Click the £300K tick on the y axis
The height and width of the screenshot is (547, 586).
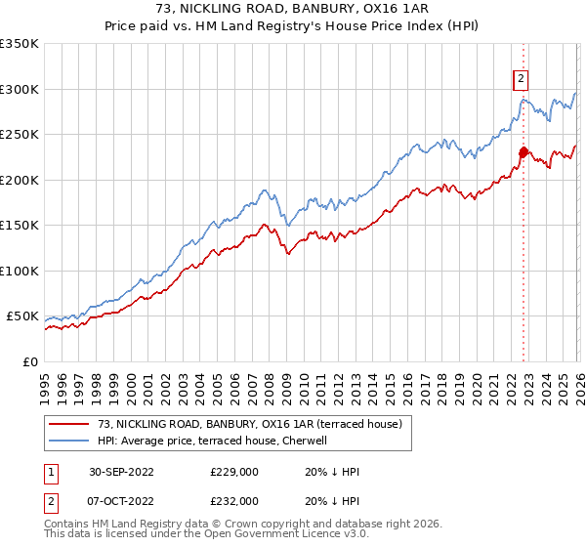pyautogui.click(x=20, y=89)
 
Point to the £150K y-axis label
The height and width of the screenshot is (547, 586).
pyautogui.click(x=20, y=226)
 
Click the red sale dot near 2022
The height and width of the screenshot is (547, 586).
pyautogui.click(x=523, y=151)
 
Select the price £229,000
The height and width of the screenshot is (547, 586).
pyautogui.click(x=233, y=472)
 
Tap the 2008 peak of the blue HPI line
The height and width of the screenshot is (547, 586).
pyautogui.click(x=264, y=190)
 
